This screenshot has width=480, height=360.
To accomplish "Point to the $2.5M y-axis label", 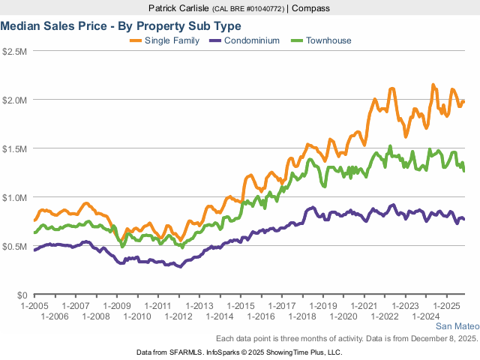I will tap(16, 51).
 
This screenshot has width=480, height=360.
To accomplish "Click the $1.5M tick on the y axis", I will tap(16, 148).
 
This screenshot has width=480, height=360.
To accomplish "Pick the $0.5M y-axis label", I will tap(16, 246).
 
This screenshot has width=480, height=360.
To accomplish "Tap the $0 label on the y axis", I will tap(22, 295).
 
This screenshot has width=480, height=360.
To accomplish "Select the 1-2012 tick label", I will tap(178, 317).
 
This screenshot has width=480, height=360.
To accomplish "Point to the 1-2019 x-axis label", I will tap(322, 307).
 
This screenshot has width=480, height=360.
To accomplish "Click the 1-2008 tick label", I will tap(96, 317).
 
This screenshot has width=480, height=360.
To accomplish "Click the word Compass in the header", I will tap(311, 8).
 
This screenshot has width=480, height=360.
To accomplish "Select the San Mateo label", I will tap(456, 327).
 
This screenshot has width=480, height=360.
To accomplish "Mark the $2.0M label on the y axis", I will tap(16, 100).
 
